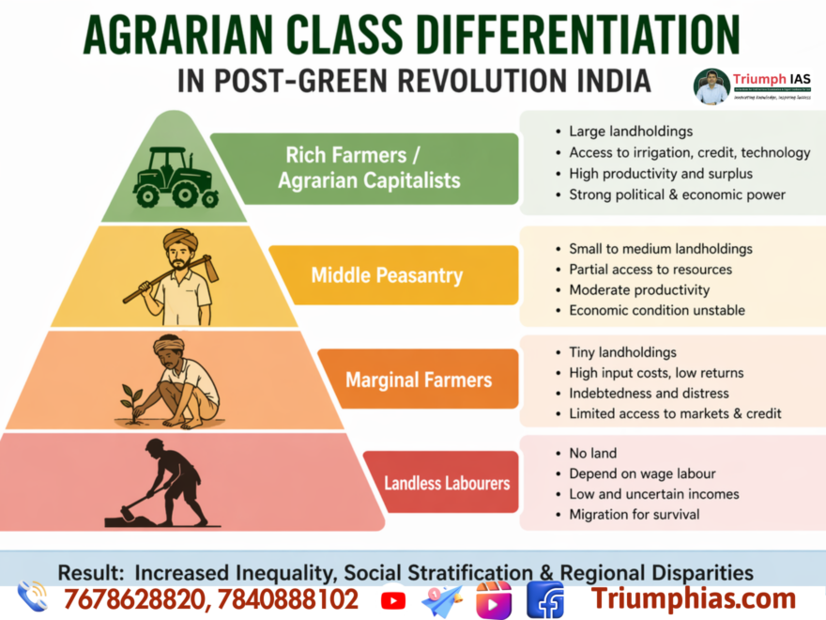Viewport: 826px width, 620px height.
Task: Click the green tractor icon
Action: click(x=176, y=178)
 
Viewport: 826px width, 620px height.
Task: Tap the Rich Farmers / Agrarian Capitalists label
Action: click(x=364, y=167)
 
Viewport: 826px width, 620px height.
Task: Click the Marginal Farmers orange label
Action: click(x=418, y=380)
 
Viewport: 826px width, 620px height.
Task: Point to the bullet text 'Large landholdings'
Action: click(x=631, y=132)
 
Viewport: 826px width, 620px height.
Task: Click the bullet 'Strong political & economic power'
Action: click(x=677, y=194)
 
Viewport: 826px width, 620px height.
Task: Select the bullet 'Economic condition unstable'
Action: click(x=657, y=310)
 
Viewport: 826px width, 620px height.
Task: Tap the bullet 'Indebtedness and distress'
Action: click(x=649, y=393)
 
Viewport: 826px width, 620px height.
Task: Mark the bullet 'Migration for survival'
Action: click(x=634, y=514)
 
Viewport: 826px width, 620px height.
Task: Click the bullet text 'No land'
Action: click(x=593, y=453)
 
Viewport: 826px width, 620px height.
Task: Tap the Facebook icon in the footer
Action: click(x=544, y=599)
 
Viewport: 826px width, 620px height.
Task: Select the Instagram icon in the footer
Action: click(x=494, y=599)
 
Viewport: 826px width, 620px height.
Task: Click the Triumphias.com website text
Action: click(x=693, y=598)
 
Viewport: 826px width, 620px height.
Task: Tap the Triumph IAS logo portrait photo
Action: click(x=711, y=85)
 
